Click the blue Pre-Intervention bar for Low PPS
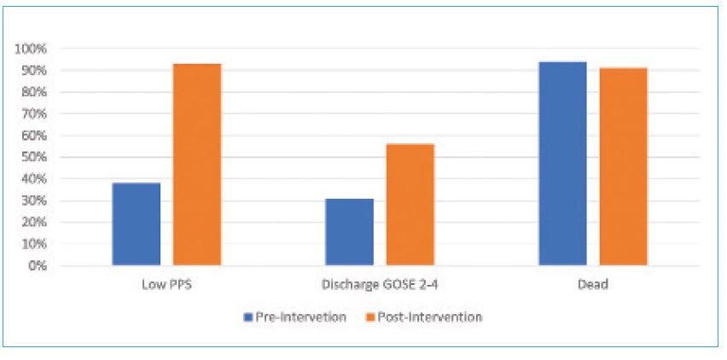tap(136, 224)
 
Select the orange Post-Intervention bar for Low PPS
tap(197, 165)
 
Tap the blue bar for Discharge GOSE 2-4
tap(349, 232)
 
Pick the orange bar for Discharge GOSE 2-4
tap(410, 205)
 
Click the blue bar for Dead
tap(562, 164)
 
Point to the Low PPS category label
tap(166, 285)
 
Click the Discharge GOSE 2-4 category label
tap(380, 285)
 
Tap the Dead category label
tap(593, 285)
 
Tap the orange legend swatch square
tap(384, 317)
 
